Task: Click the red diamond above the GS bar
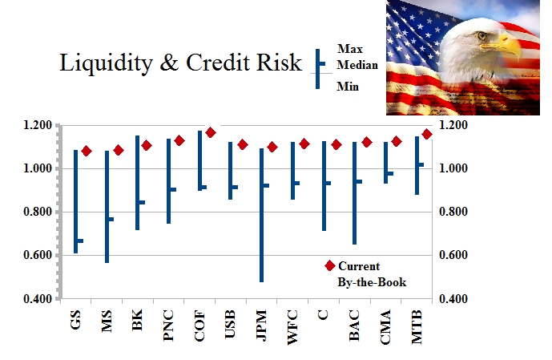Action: click(x=87, y=151)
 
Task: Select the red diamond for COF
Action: click(x=211, y=132)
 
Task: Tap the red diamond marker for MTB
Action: click(x=427, y=134)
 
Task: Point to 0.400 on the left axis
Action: click(x=40, y=299)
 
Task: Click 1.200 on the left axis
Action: click(x=40, y=125)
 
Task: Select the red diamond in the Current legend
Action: click(x=328, y=266)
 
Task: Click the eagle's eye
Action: click(x=482, y=35)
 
